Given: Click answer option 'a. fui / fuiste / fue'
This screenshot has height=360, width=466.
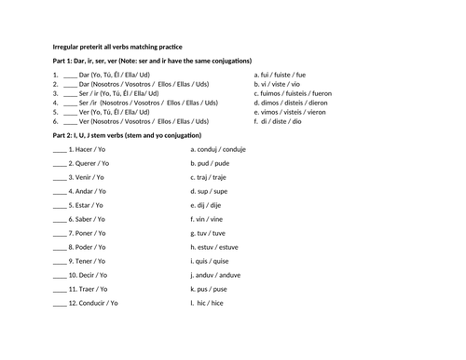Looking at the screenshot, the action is [280, 73].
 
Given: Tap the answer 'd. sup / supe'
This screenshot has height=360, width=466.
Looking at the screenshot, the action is [211, 191].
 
